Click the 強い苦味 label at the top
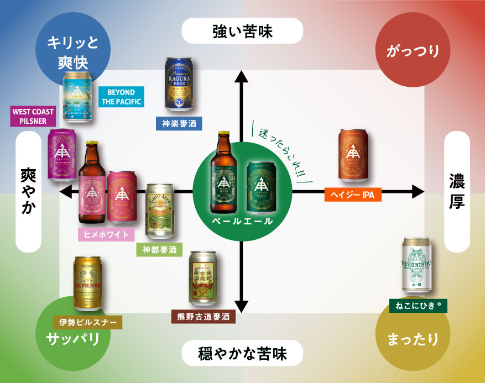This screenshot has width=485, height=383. pyautogui.click(x=242, y=31)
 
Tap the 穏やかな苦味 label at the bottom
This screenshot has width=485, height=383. pyautogui.click(x=242, y=353)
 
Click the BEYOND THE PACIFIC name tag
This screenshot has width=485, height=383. pyautogui.click(x=121, y=97)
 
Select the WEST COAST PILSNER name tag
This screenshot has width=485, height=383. pyautogui.click(x=34, y=117)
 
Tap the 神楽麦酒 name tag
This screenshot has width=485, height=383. pyautogui.click(x=179, y=123)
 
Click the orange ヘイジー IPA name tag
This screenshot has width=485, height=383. pyautogui.click(x=352, y=194)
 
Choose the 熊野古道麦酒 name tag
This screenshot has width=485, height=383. pyautogui.click(x=204, y=317)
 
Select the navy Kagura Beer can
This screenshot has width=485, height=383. pyautogui.click(x=180, y=83)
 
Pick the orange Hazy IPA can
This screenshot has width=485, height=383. pyautogui.click(x=352, y=156)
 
